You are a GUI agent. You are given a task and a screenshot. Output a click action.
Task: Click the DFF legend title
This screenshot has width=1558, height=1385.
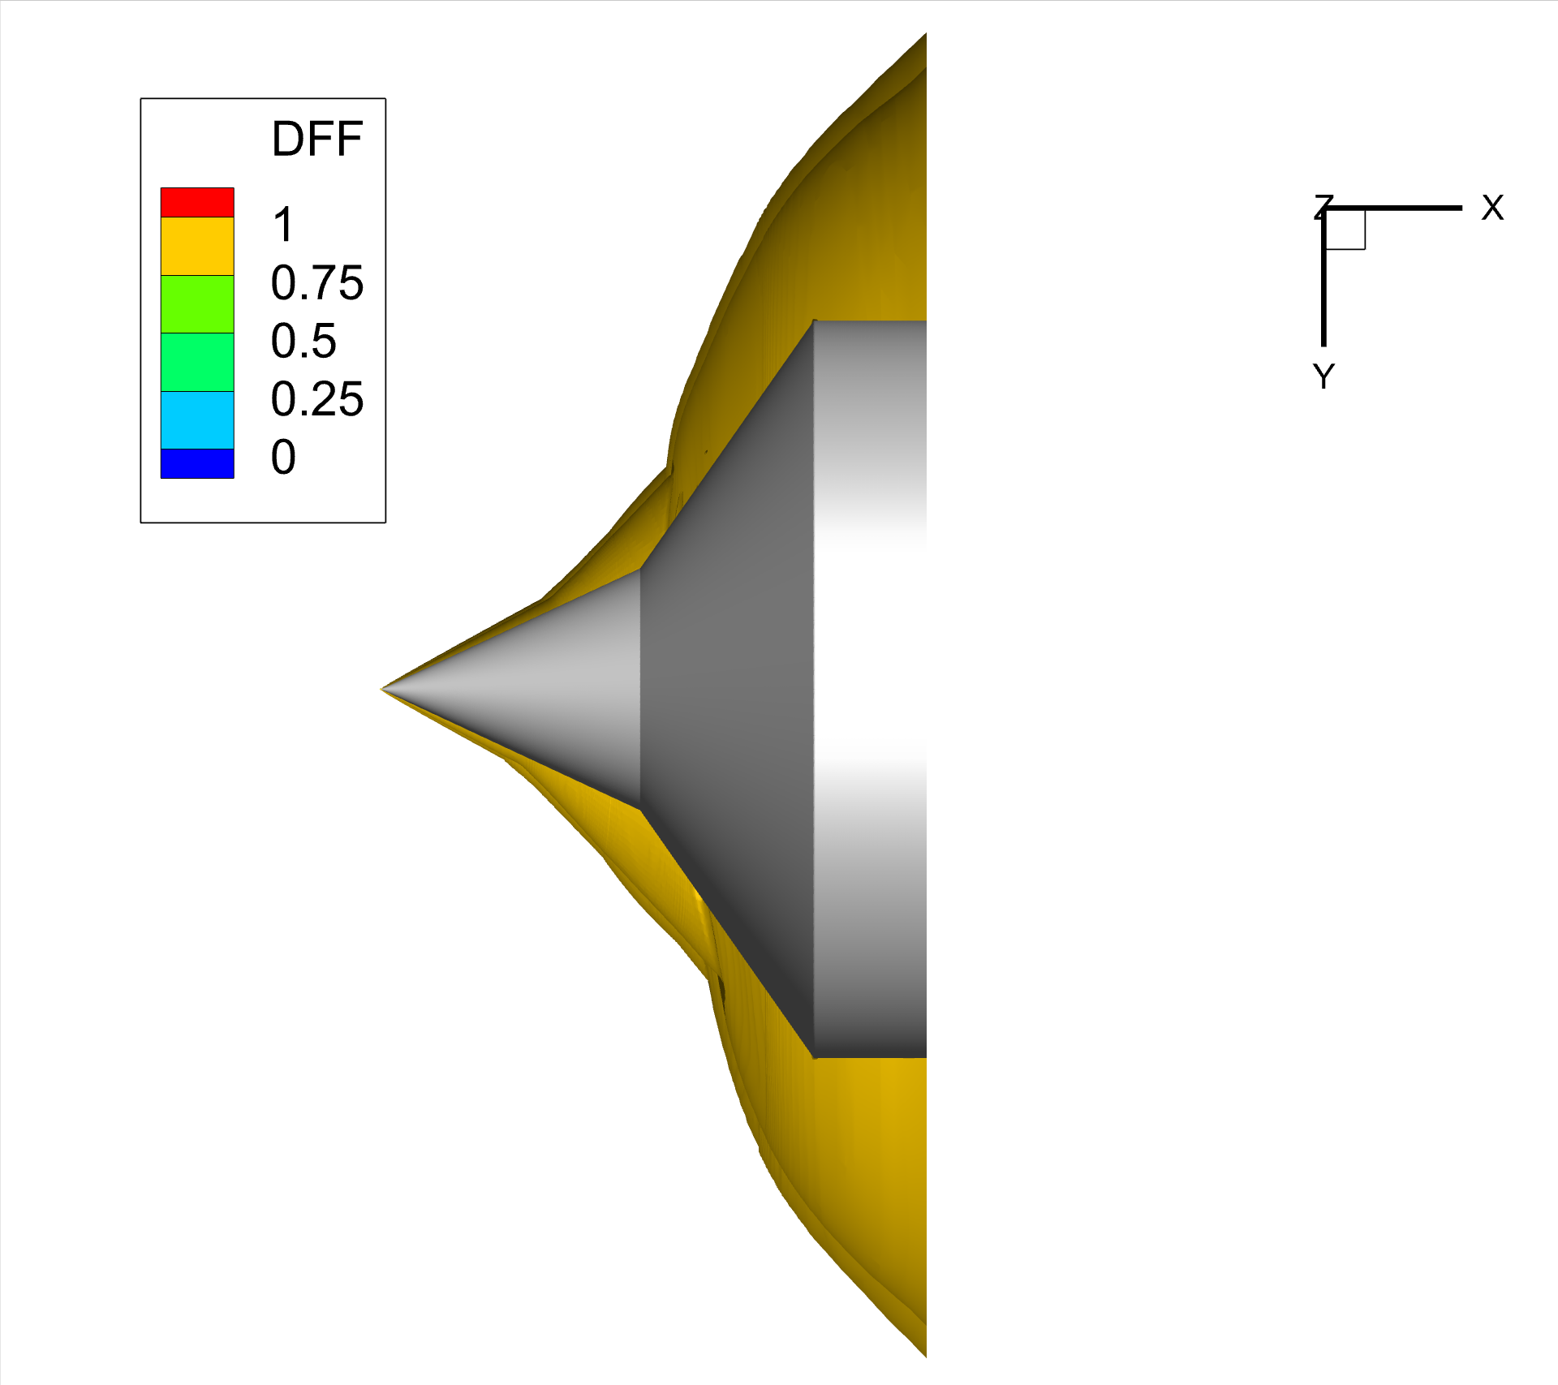pyautogui.click(x=316, y=139)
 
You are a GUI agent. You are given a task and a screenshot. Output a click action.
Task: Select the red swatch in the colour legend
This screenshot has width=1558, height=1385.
pyautogui.click(x=197, y=203)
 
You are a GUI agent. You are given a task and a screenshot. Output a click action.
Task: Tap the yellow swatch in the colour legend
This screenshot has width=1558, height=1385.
pyautogui.click(x=197, y=247)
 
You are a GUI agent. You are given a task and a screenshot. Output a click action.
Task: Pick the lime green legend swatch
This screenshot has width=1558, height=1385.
pyautogui.click(x=197, y=304)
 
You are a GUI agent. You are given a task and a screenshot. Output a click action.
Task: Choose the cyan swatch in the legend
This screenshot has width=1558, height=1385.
pyautogui.click(x=197, y=420)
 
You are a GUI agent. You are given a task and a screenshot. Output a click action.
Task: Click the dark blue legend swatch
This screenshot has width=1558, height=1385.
pyautogui.click(x=197, y=464)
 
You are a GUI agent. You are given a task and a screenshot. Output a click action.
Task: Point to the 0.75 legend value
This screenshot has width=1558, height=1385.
pyautogui.click(x=317, y=282)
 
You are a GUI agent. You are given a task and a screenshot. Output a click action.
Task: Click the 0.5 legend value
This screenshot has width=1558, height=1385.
pyautogui.click(x=303, y=341)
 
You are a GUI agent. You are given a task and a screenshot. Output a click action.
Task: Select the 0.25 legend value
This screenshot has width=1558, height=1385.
pyautogui.click(x=317, y=399)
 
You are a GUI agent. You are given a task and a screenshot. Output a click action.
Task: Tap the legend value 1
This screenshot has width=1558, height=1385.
pyautogui.click(x=282, y=225)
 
